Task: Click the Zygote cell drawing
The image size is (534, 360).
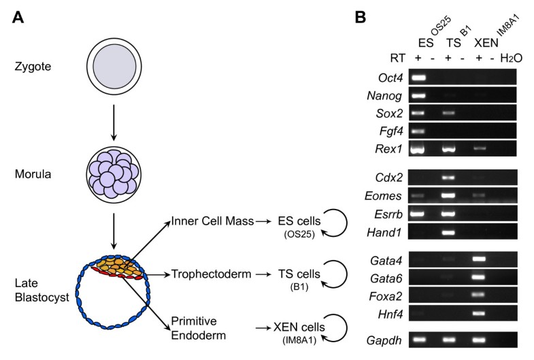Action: pyautogui.click(x=114, y=66)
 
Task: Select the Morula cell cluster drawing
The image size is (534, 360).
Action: pyautogui.click(x=114, y=174)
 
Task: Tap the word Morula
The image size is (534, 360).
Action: pyautogui.click(x=33, y=174)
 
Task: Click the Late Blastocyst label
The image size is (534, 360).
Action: pyautogui.click(x=42, y=290)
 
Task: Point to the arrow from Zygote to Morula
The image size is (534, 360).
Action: pyautogui.click(x=114, y=122)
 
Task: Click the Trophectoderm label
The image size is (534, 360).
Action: pyautogui.click(x=211, y=274)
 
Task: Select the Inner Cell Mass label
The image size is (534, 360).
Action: pyautogui.click(x=212, y=221)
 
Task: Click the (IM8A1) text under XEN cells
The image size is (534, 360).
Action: pyautogui.click(x=299, y=340)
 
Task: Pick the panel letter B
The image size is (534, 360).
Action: pyautogui.click(x=361, y=17)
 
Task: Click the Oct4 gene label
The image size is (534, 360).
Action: pyautogui.click(x=390, y=78)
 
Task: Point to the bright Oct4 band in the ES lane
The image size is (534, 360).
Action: pyautogui.click(x=418, y=78)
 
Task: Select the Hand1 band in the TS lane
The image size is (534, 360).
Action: pyautogui.click(x=448, y=233)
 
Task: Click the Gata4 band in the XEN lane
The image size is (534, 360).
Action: pyautogui.click(x=479, y=259)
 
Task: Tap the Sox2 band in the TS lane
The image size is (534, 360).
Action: pyautogui.click(x=448, y=113)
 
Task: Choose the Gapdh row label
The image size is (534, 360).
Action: pyautogui.click(x=384, y=340)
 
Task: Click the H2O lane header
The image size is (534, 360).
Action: pyautogui.click(x=511, y=59)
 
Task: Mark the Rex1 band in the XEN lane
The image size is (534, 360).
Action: pyautogui.click(x=479, y=148)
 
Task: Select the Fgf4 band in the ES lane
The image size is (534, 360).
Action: pyautogui.click(x=418, y=131)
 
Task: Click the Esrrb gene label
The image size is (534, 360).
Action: pyautogui.click(x=388, y=214)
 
